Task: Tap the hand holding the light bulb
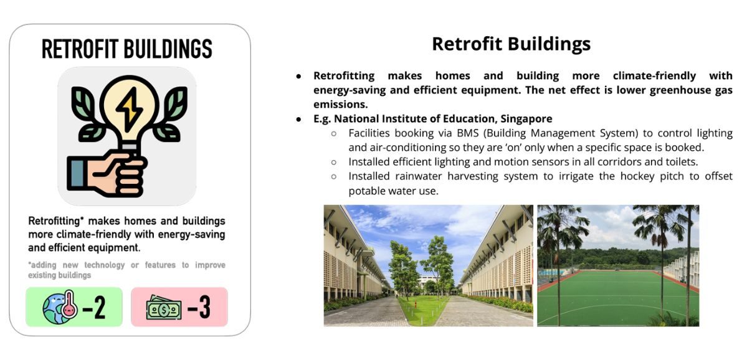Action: (107, 174)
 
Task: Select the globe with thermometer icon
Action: (60, 307)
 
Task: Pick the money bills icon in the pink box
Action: (164, 308)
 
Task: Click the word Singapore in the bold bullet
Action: (530, 119)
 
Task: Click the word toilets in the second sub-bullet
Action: (682, 162)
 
